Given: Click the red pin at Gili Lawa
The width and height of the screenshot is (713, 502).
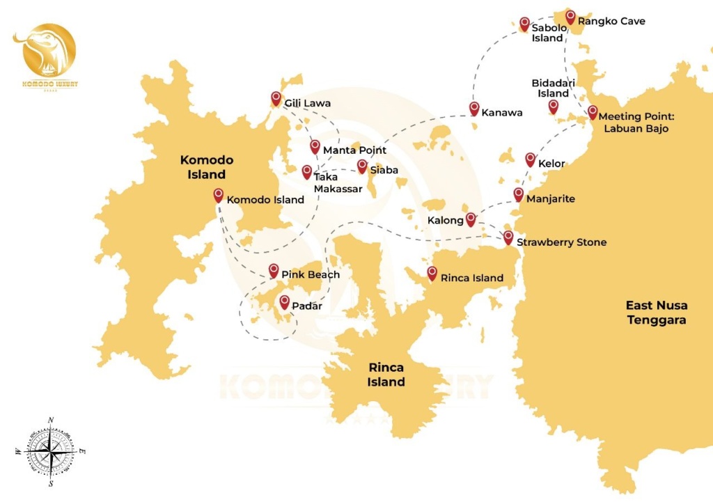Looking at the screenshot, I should (276, 98).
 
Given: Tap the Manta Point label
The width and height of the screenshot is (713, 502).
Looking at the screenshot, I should (354, 150).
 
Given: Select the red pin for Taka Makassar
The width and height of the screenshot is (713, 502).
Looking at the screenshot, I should (307, 171).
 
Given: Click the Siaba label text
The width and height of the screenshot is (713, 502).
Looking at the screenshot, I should (384, 170).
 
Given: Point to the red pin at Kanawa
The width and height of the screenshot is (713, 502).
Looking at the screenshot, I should (474, 108).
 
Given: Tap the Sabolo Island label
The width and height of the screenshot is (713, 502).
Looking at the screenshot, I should (549, 33).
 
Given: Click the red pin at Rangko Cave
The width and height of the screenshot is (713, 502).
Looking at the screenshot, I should (570, 17).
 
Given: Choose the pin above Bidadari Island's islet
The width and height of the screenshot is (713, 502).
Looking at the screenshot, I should (553, 106).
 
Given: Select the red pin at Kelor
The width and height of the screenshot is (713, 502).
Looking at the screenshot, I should (530, 159).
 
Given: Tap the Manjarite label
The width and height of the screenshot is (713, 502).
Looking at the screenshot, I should (551, 199).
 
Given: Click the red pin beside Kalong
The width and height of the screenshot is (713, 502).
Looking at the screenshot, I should (471, 219).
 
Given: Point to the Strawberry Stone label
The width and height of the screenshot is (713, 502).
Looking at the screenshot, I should (561, 242).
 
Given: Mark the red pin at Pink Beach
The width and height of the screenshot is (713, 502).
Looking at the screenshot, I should (274, 270).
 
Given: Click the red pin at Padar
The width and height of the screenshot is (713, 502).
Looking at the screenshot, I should (284, 301).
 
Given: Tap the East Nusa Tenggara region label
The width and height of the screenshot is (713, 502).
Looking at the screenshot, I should (656, 313).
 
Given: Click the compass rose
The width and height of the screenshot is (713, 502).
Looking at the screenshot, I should (51, 453).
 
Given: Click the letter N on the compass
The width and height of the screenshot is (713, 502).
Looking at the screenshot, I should (51, 421).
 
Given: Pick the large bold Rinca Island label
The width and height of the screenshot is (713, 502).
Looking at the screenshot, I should (386, 375).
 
